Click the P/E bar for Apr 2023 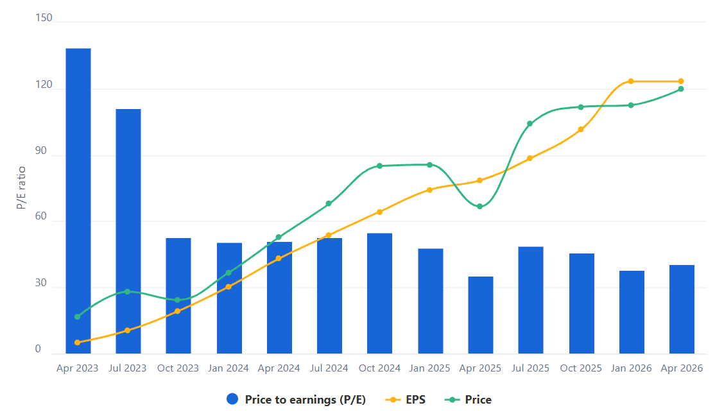point(78,201)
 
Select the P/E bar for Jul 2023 point(128,231)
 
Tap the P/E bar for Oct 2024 point(379,293)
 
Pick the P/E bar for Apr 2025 point(480,314)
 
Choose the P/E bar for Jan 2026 point(631,312)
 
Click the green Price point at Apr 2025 point(480,206)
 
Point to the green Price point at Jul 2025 point(530,124)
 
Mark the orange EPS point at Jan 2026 point(631,81)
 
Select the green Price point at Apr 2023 point(78,317)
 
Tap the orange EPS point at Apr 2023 point(78,343)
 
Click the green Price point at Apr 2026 point(681,89)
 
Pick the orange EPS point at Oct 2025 point(581,130)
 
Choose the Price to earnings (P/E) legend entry point(297,400)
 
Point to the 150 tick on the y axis point(44,18)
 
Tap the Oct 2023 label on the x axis point(178,368)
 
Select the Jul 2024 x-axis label point(329,368)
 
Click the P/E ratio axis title point(21,187)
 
